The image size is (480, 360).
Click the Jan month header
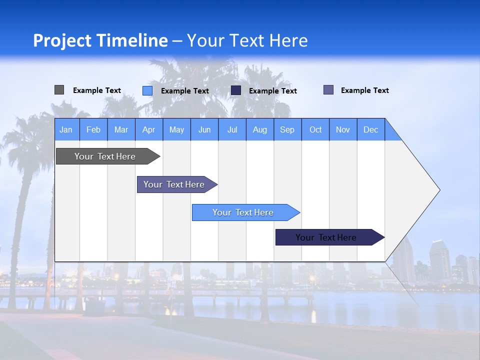[x=66, y=129]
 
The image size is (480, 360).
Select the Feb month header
[x=93, y=129]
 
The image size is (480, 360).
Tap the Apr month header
[x=148, y=129]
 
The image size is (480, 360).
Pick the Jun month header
[x=204, y=129]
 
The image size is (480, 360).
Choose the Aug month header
[x=259, y=129]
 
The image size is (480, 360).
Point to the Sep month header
[x=287, y=129]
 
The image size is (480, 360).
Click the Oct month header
[x=315, y=129]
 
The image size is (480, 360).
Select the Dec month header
[x=370, y=129]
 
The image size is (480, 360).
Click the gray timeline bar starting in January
[x=105, y=156]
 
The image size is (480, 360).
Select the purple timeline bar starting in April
[x=174, y=184]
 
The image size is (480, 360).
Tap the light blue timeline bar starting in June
[x=243, y=212]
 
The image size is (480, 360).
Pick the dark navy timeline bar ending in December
[x=326, y=237]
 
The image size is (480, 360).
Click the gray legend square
[x=59, y=90]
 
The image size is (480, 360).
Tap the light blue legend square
[x=147, y=90]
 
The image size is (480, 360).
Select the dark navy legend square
[x=236, y=90]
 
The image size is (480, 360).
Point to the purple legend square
[x=328, y=90]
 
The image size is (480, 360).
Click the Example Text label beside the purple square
[x=364, y=90]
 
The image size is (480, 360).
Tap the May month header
[x=176, y=129]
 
